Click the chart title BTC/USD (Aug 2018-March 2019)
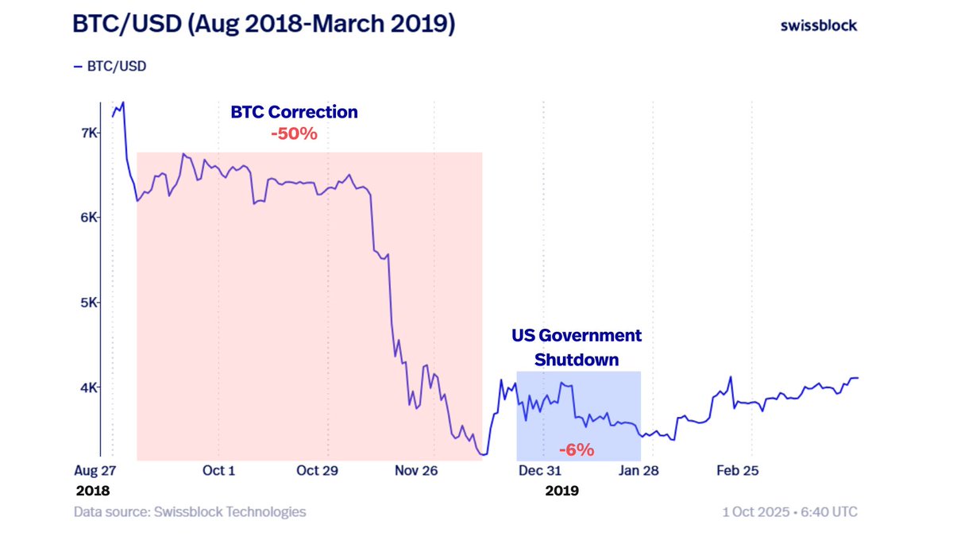tap(264, 25)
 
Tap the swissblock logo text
tap(819, 25)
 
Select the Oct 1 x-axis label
tap(218, 471)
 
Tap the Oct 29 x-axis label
tap(318, 471)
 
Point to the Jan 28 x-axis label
tap(639, 471)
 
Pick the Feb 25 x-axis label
tap(738, 471)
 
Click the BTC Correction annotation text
tap(294, 112)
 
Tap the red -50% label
tap(294, 133)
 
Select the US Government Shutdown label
tap(576, 347)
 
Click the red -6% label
tap(576, 450)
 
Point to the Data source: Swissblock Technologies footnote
tap(190, 512)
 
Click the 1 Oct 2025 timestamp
tap(789, 512)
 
